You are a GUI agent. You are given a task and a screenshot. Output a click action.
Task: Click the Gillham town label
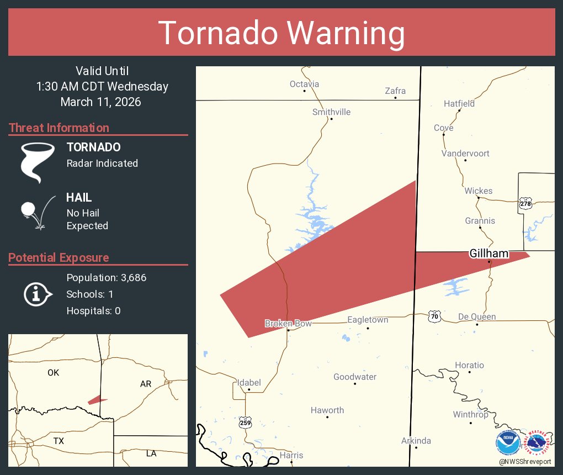pos(489,254)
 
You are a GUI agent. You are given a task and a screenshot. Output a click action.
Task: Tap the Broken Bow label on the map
pos(288,324)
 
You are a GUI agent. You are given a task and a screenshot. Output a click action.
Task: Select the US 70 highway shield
pos(434,316)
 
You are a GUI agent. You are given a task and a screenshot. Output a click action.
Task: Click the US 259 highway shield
pos(246,423)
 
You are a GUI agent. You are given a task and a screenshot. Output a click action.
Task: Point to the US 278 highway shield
pos(525,204)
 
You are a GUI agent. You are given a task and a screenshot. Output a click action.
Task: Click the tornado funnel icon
pos(38,162)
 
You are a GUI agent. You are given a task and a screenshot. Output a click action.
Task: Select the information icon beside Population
pos(37,294)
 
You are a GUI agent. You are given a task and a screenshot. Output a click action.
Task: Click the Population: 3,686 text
pos(106,277)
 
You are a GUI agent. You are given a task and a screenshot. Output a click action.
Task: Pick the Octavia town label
pos(304,84)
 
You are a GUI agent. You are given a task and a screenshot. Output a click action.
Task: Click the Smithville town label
pos(331,112)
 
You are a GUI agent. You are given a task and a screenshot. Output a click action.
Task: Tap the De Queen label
pos(477,317)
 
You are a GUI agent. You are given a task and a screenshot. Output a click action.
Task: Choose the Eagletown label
pos(368,320)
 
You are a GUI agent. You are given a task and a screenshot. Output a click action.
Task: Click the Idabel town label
pos(248,383)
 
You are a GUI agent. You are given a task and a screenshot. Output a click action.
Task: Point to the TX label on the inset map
pos(59,441)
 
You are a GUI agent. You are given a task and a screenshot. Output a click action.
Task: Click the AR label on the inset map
pos(146,383)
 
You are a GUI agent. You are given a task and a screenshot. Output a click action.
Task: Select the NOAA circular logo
pos(508,443)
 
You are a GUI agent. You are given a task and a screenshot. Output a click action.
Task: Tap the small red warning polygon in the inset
pos(97,400)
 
